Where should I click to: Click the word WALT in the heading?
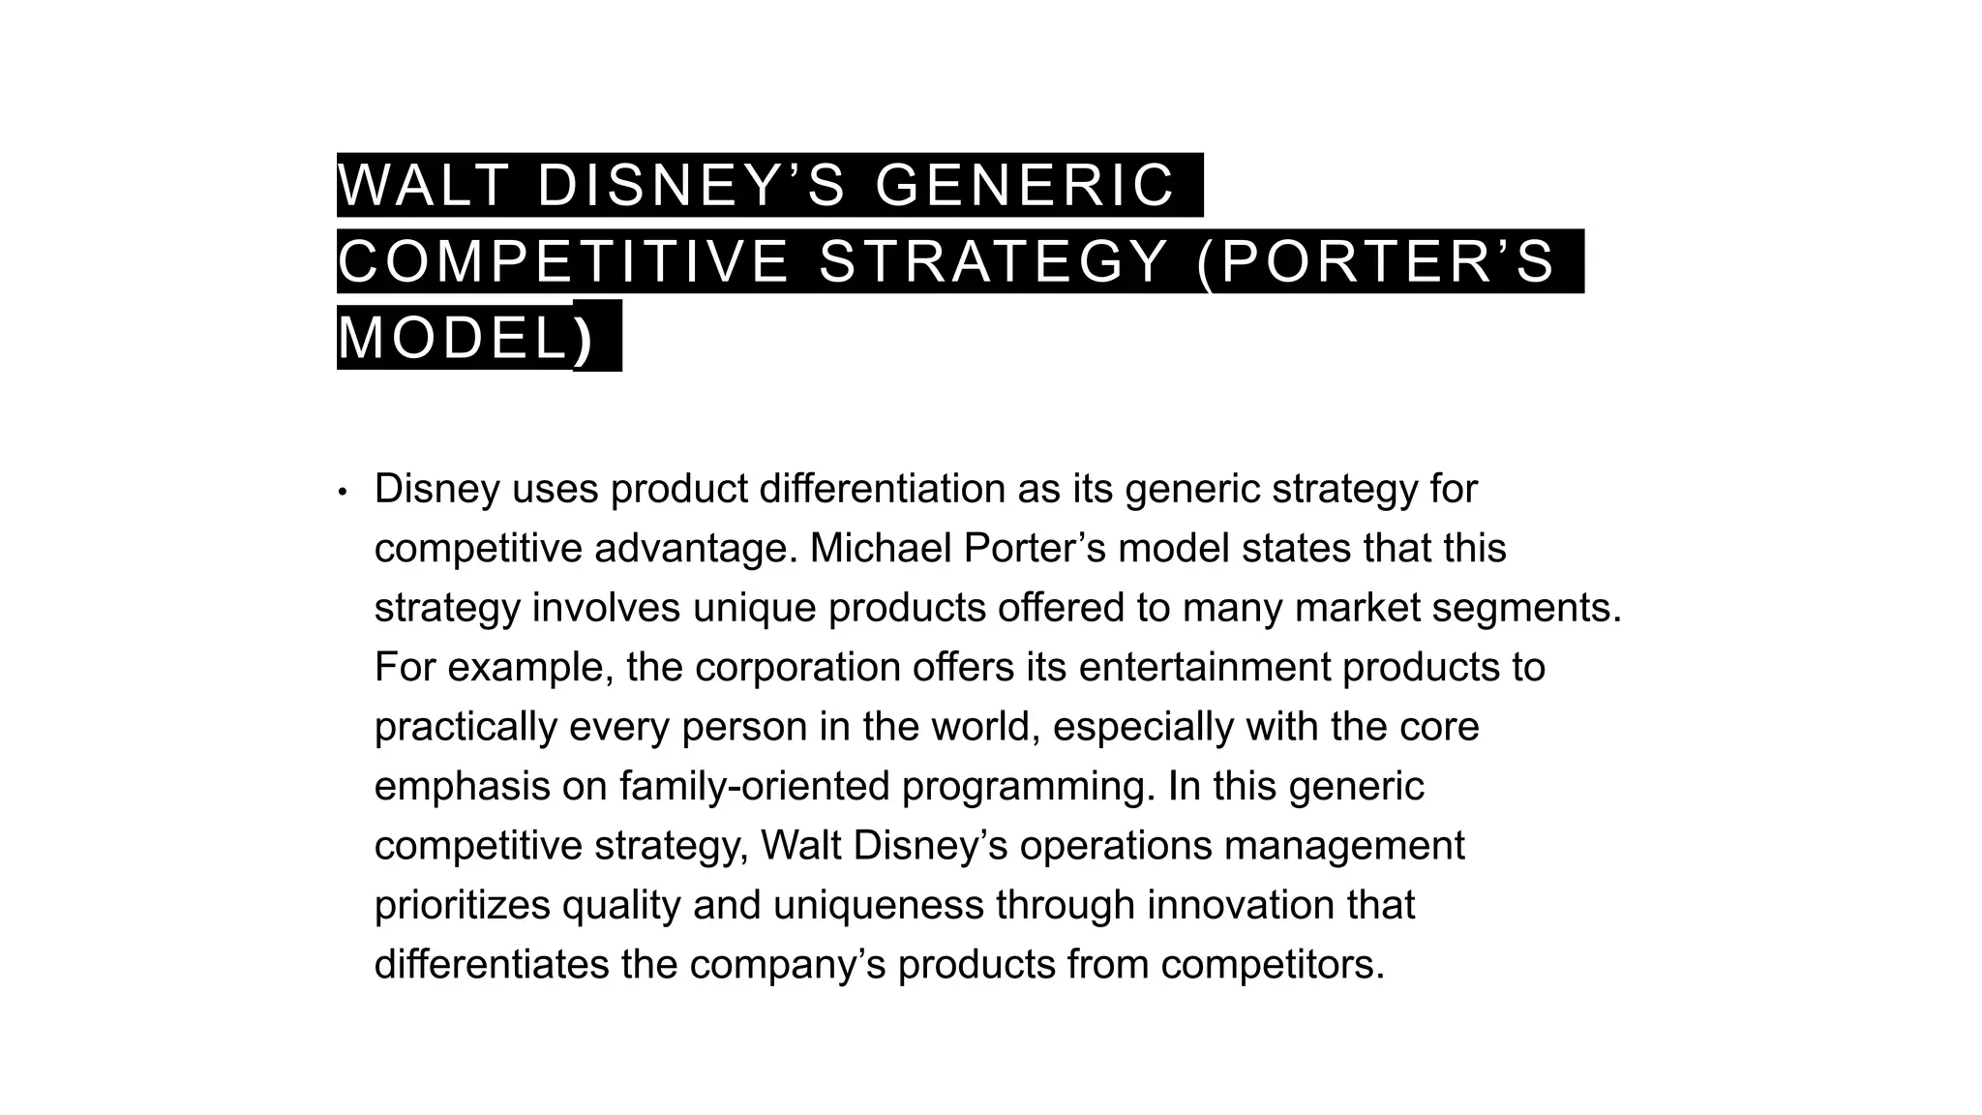(423, 185)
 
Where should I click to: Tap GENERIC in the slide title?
(1025, 185)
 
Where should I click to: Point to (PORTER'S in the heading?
(1375, 261)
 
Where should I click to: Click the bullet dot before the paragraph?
(342, 492)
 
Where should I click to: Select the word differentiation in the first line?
(882, 489)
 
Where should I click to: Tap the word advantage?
(696, 549)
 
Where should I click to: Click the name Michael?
(880, 549)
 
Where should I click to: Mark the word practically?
(465, 727)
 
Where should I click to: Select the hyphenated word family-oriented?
(754, 786)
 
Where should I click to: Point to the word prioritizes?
(463, 906)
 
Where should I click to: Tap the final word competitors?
(1273, 965)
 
